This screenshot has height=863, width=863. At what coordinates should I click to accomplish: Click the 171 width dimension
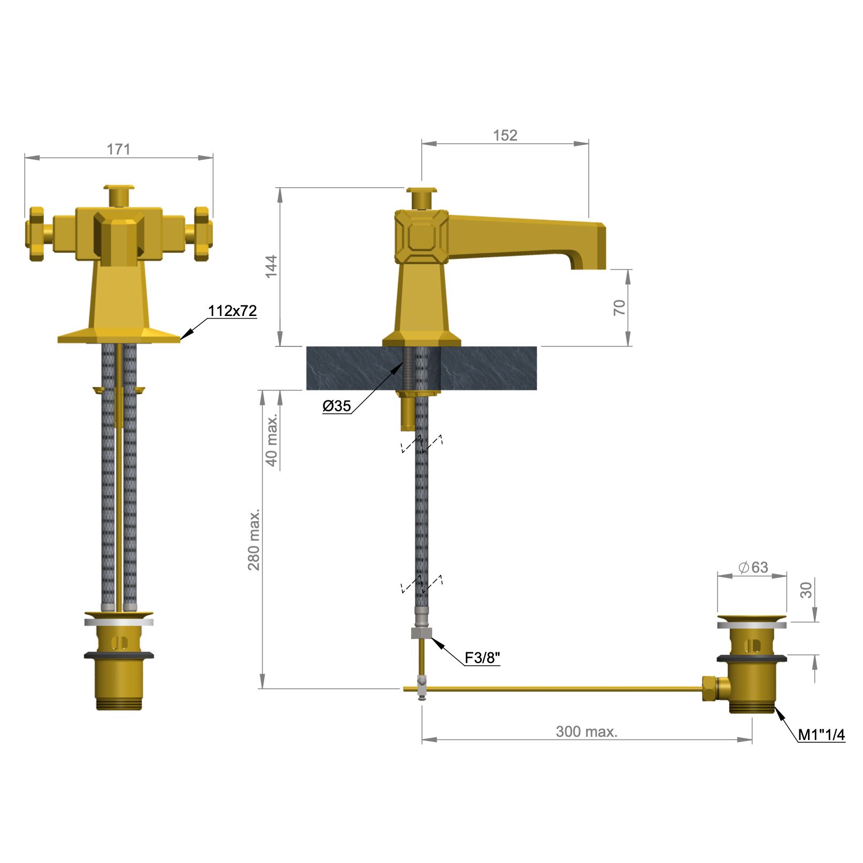coord(118,149)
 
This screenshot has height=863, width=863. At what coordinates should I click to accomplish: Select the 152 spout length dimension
coord(505,135)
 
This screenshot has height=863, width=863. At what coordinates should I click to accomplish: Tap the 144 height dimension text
coord(272,266)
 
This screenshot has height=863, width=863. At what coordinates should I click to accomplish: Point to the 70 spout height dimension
coord(619,307)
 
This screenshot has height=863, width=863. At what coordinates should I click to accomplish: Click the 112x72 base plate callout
coord(232,311)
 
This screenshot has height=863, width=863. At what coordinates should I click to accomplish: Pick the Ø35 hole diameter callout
coord(337,406)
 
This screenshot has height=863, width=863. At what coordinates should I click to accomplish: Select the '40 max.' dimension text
coord(272,440)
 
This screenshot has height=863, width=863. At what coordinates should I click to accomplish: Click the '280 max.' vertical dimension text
coord(254,540)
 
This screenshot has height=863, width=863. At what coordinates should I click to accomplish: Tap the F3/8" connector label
coord(482,658)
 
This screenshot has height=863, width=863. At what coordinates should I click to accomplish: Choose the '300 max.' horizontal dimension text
coord(587,731)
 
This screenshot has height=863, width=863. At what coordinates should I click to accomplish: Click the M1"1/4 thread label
coord(821,735)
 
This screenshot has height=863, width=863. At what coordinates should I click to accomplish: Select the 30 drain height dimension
coord(806,590)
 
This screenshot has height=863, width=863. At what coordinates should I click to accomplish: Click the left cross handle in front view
coord(36,234)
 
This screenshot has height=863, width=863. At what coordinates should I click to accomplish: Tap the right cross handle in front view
coord(202,234)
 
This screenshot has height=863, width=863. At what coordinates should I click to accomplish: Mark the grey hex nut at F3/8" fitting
coord(421,634)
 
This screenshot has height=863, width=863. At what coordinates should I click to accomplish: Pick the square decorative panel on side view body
coord(421,236)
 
